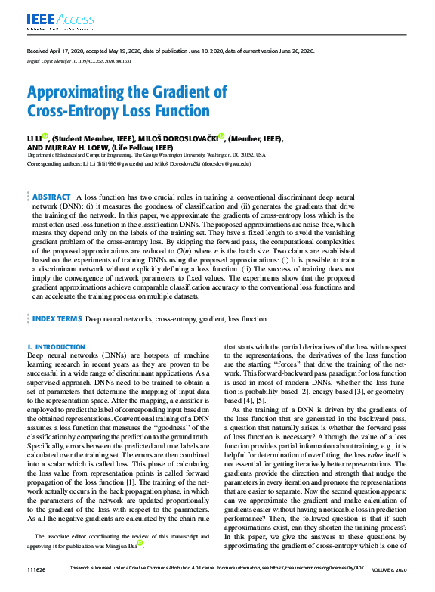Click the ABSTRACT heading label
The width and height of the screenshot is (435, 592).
click(52, 197)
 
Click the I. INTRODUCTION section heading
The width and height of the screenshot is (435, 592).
click(56, 346)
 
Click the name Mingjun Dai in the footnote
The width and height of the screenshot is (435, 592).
click(123, 544)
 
